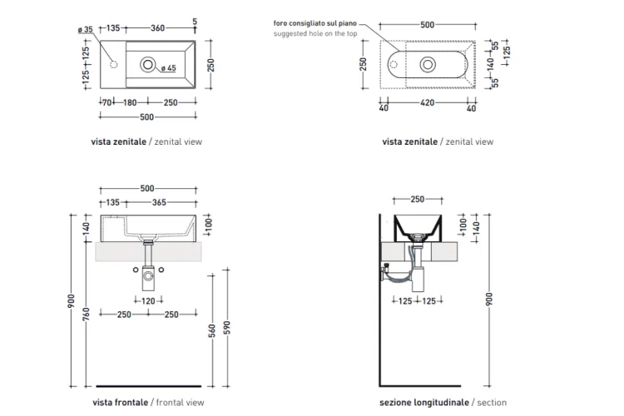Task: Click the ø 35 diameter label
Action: coord(85,29)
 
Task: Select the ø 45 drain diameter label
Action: coord(168,68)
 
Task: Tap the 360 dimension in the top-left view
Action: coord(157,27)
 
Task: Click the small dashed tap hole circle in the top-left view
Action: coord(113,64)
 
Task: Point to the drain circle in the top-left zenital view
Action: coord(147,64)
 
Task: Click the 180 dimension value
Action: coord(130,102)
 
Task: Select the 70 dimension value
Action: coord(106,102)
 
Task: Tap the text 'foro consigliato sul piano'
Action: coord(314,23)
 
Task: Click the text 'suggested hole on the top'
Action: coord(314,34)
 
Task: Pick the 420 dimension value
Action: coord(427,102)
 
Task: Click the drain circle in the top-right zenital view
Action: coord(428,65)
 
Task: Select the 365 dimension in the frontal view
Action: coord(159,202)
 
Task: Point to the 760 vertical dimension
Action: coord(86,314)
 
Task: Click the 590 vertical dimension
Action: coord(226,328)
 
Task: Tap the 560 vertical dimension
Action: coord(211,331)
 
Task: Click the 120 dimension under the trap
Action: coord(148,301)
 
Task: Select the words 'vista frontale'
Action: coord(120,403)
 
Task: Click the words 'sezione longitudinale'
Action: coord(423,403)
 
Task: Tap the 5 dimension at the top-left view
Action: coord(195,22)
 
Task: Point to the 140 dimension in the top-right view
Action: coord(490,63)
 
